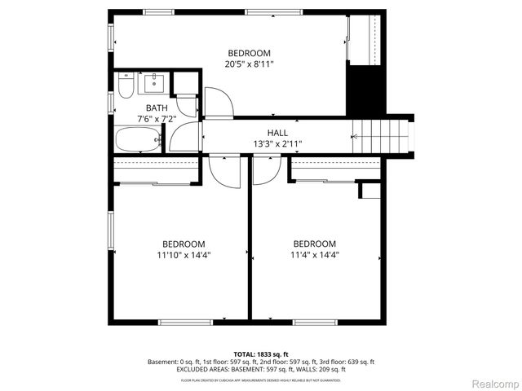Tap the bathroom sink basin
point(153,83)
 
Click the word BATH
point(157,108)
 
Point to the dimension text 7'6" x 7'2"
point(157,119)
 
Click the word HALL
point(277,133)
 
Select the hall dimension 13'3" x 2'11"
point(277,144)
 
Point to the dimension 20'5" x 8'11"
point(249,64)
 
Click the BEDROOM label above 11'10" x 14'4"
point(184,244)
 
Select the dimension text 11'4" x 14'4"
point(314,255)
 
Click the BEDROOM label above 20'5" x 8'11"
point(249,53)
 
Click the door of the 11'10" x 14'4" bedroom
point(222,169)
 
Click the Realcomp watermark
point(493,384)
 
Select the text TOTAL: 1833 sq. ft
point(261,354)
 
